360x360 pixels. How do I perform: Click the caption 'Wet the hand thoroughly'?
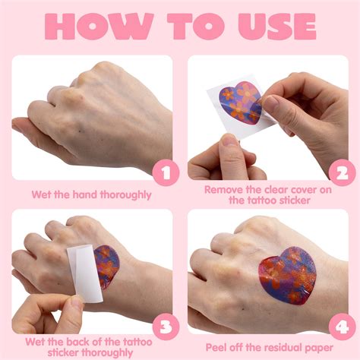pos(91,194)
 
